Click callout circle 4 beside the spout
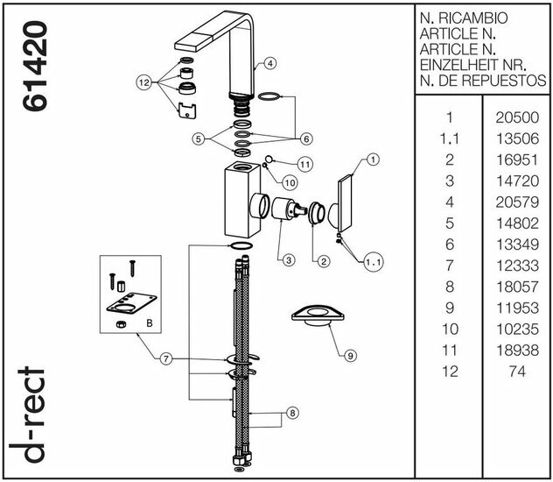coord(270,63)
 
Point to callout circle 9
coord(348,355)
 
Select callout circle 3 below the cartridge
coord(285,259)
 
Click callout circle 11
coord(304,164)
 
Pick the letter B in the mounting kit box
coord(149,323)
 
